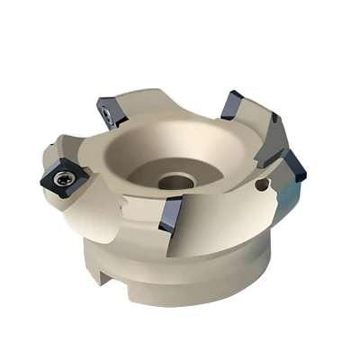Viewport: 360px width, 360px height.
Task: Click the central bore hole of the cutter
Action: coord(174,180)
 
